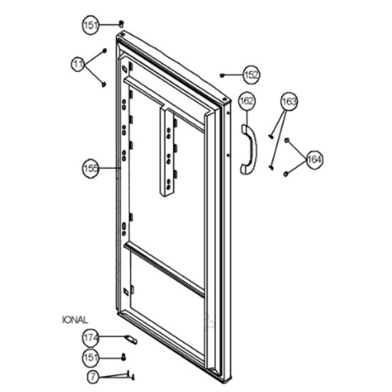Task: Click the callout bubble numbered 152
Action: pos(252,75)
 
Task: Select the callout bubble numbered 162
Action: pos(247,101)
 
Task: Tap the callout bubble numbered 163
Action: pos(289,101)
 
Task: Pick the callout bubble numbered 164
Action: pos(314,159)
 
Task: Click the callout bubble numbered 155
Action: pos(91,168)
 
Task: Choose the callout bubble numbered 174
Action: pos(91,338)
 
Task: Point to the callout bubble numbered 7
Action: pos(93,376)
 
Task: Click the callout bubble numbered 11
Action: pos(78,64)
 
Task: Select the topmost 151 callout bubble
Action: pos(91,25)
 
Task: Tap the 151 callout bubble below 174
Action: pos(91,357)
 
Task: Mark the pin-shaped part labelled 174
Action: pos(131,340)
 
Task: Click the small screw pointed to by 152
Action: pos(222,75)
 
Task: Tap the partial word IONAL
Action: pos(75,320)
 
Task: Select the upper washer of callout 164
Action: pos(287,140)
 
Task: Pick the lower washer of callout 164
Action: pos(286,174)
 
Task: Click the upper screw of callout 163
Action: pos(271,136)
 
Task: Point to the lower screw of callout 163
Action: pos(271,167)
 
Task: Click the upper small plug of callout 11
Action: pos(105,51)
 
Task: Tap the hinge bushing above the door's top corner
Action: pos(121,24)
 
